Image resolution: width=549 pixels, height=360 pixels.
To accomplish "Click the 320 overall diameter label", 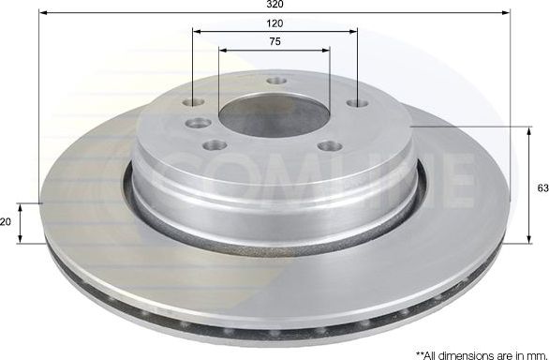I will [274, 5].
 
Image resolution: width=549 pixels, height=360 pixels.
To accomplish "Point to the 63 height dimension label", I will [541, 188].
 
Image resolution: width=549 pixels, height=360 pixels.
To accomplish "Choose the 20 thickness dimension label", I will [7, 221].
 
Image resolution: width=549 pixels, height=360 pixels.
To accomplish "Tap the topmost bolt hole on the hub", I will [275, 81].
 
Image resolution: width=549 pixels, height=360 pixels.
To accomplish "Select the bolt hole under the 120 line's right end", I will [355, 104].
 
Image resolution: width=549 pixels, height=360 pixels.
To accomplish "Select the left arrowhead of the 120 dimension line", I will [196, 31].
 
